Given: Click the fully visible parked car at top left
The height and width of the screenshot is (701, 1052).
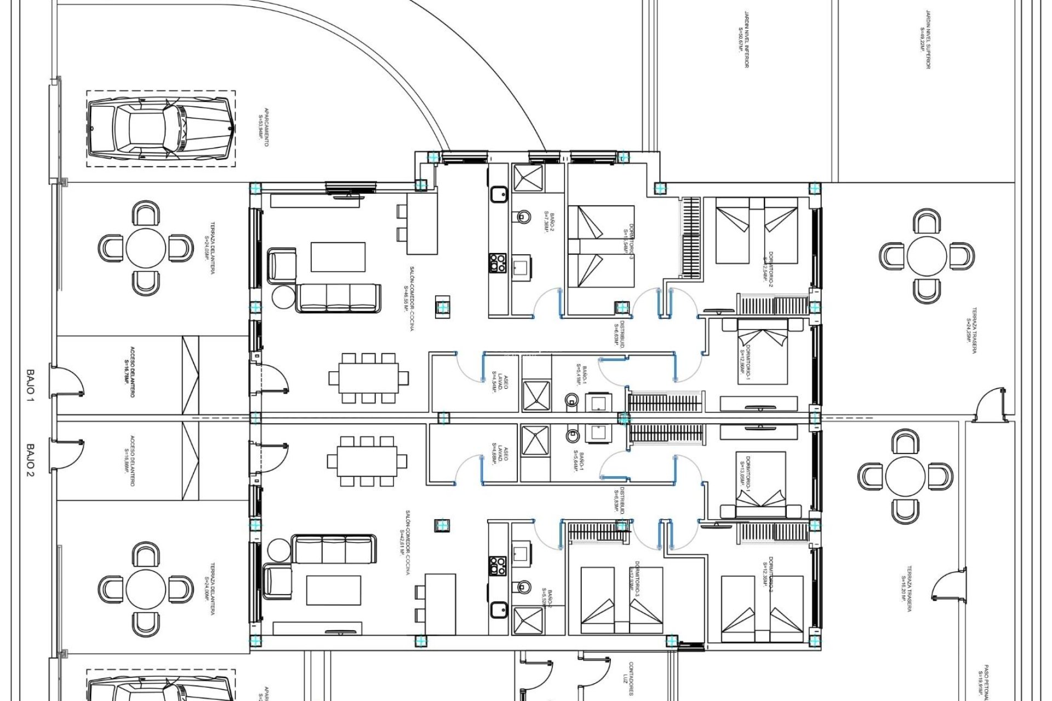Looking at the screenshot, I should (x=162, y=129).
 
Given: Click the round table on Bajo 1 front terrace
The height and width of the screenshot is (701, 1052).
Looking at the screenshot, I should (x=146, y=248).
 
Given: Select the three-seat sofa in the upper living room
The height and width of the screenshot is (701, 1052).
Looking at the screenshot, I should (x=339, y=298).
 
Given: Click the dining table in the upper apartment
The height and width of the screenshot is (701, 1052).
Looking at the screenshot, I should (x=368, y=378).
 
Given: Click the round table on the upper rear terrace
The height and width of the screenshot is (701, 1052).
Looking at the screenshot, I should (x=927, y=256).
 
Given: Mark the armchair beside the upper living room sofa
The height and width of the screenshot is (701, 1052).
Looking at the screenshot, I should (x=282, y=266).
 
